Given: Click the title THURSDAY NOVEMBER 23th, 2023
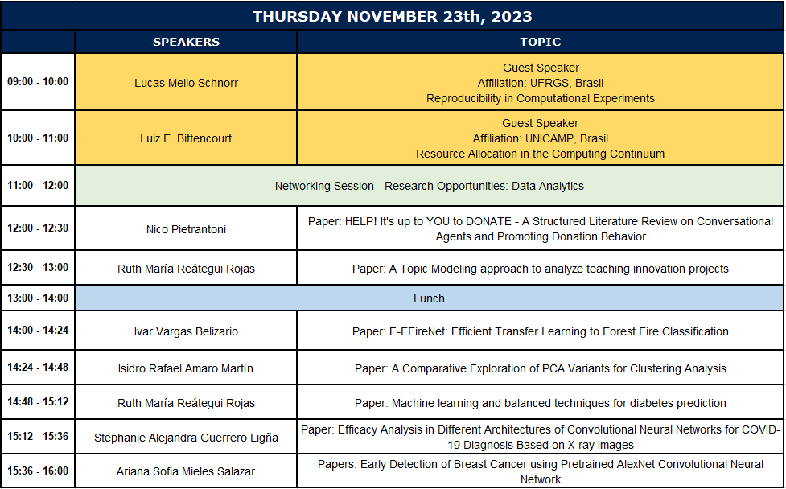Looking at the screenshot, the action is point(392,17).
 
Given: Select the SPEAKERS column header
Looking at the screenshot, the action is point(186,42).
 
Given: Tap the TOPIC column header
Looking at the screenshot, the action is point(541,42).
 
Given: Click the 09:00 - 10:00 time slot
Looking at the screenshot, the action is point(38,82).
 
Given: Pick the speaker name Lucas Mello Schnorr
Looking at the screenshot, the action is point(186,83).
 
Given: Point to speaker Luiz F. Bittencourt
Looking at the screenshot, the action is point(186,139).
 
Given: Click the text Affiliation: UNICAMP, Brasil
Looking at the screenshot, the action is point(541,139).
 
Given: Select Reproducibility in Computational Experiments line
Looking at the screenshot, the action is point(541,99).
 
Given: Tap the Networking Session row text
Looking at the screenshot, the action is point(429,186).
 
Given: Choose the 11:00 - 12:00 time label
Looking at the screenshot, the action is point(38,185).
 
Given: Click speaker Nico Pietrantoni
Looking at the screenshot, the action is point(186,229).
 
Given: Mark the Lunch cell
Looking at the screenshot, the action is point(429,298).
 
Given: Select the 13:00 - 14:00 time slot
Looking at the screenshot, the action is point(38,298).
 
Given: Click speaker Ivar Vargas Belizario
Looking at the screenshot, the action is point(186,331).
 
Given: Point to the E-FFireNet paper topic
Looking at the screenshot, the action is point(541,331).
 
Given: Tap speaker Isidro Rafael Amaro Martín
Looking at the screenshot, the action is point(186,368).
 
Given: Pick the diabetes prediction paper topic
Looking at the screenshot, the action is point(541,403).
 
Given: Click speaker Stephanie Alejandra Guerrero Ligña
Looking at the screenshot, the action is point(186,438).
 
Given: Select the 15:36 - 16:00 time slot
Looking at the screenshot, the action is point(38,471).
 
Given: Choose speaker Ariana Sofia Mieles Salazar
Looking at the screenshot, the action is point(186,471).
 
